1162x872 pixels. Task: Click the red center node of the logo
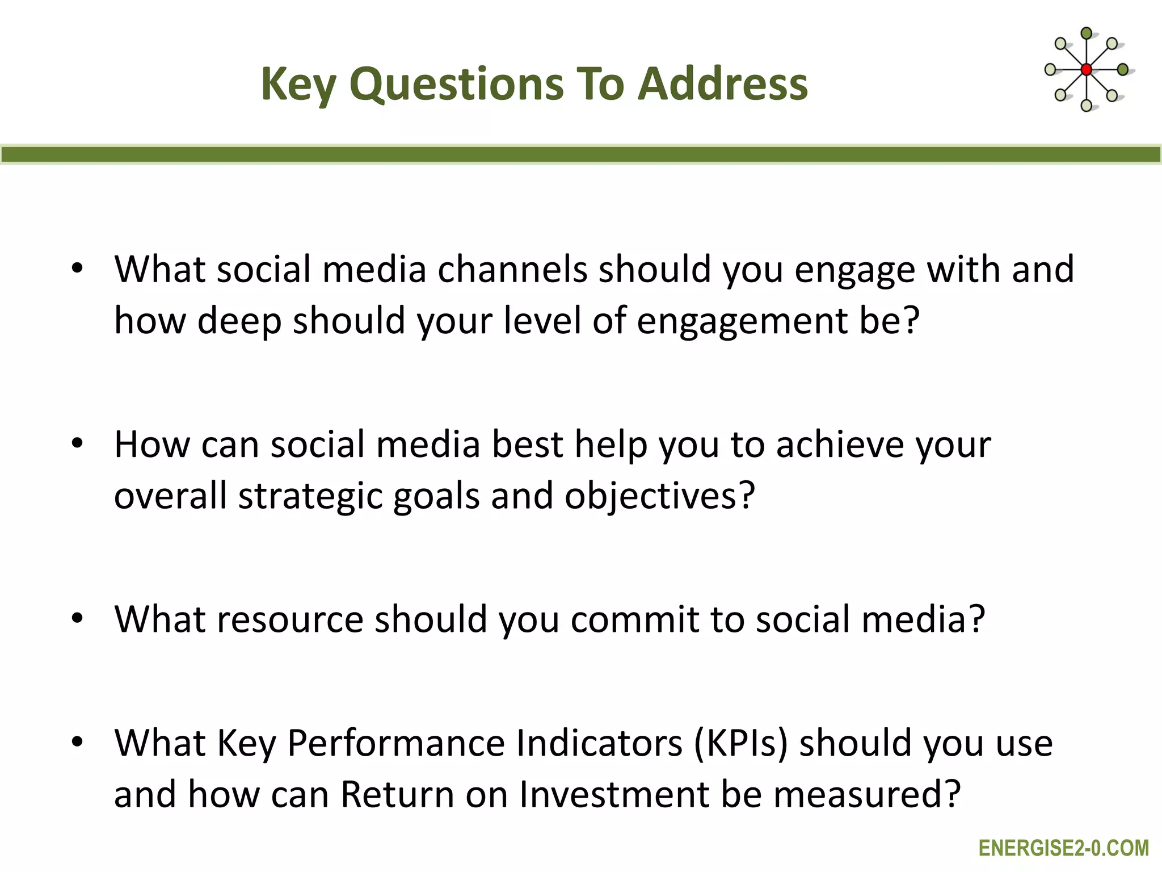coord(1086,70)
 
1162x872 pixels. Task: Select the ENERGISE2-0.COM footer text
coord(1064,848)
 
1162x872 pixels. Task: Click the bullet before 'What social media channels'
coord(78,269)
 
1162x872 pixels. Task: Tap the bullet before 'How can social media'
coord(78,443)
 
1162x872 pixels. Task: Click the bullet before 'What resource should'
coord(78,618)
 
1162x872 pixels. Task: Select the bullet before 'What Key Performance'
coord(78,742)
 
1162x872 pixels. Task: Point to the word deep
coord(239,320)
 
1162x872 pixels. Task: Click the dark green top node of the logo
coord(1086,33)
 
